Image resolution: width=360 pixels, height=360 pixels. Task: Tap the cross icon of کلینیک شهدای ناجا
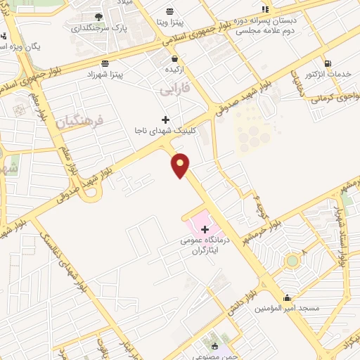coord(166,120)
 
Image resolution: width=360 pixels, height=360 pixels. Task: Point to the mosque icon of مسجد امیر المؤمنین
coord(287,297)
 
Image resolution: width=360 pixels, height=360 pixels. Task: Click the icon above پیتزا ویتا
coord(169,11)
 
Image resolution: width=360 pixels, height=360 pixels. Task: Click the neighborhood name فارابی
coord(174,91)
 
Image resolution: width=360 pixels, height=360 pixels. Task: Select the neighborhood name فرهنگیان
coord(78,121)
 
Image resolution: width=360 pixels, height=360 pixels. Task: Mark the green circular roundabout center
coord(291,261)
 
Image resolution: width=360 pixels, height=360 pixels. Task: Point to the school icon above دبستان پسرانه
coord(265,9)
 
